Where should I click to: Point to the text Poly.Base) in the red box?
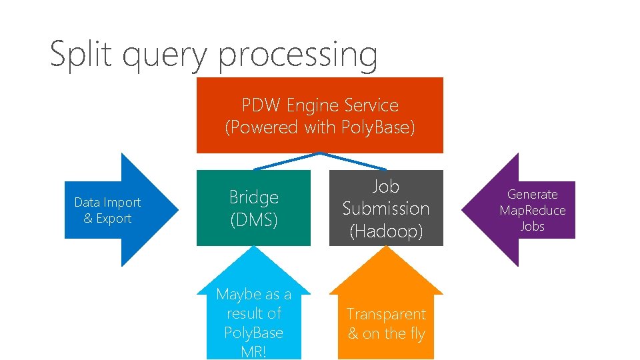click(x=377, y=127)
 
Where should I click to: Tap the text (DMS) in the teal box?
click(x=253, y=219)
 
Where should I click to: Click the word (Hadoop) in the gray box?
click(x=386, y=231)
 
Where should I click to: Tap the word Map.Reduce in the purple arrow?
click(x=533, y=211)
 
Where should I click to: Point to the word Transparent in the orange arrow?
click(x=386, y=314)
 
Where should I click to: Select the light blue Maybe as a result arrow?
click(x=253, y=313)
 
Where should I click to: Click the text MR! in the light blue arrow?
click(x=254, y=351)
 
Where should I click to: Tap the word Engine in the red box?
click(x=312, y=105)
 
